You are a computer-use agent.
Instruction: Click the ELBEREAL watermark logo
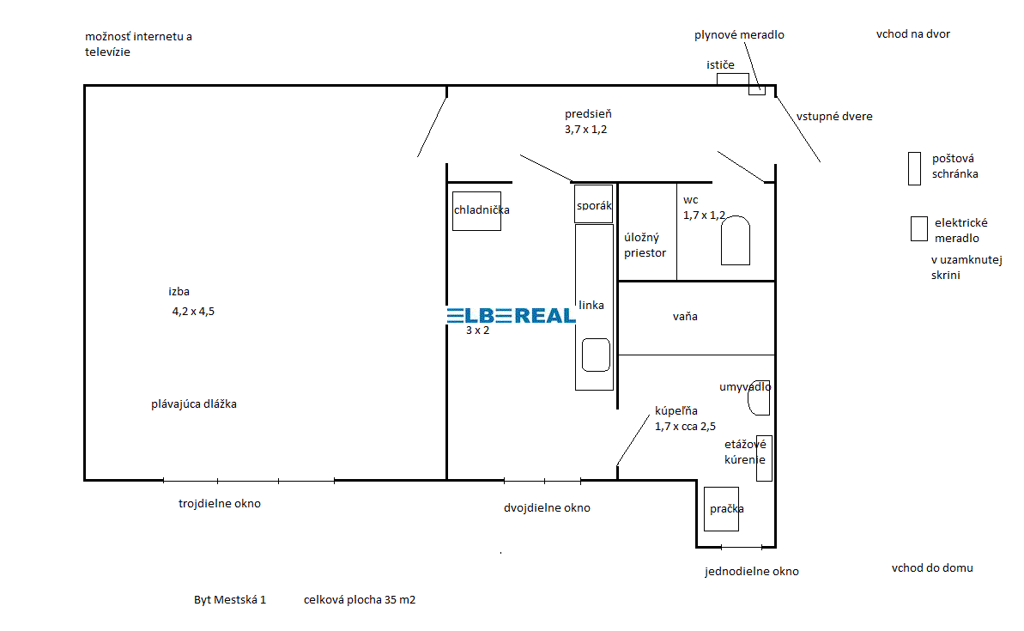(512, 316)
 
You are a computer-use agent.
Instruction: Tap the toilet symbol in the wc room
(736, 240)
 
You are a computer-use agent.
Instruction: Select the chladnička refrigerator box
(476, 211)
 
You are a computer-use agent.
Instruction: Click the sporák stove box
(594, 203)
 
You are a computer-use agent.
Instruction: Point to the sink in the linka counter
(596, 355)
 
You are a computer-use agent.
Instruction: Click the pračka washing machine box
(722, 509)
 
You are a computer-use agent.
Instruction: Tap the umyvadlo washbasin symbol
(759, 397)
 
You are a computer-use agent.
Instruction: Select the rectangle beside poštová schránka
(914, 168)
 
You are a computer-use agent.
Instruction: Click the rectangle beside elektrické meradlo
(919, 228)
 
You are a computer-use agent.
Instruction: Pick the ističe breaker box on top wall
(733, 79)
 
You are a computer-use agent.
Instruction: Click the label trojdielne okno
(220, 504)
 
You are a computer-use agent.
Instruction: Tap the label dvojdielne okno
(548, 508)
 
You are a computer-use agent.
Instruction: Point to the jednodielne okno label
(752, 572)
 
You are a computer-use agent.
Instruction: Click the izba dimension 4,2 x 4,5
(193, 312)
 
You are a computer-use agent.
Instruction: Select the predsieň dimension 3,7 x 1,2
(585, 130)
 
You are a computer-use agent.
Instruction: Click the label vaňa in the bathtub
(685, 316)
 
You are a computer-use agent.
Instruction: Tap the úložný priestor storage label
(645, 245)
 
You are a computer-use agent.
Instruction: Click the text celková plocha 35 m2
(359, 599)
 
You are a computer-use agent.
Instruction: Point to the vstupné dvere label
(834, 116)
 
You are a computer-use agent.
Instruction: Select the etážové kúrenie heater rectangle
(764, 458)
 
